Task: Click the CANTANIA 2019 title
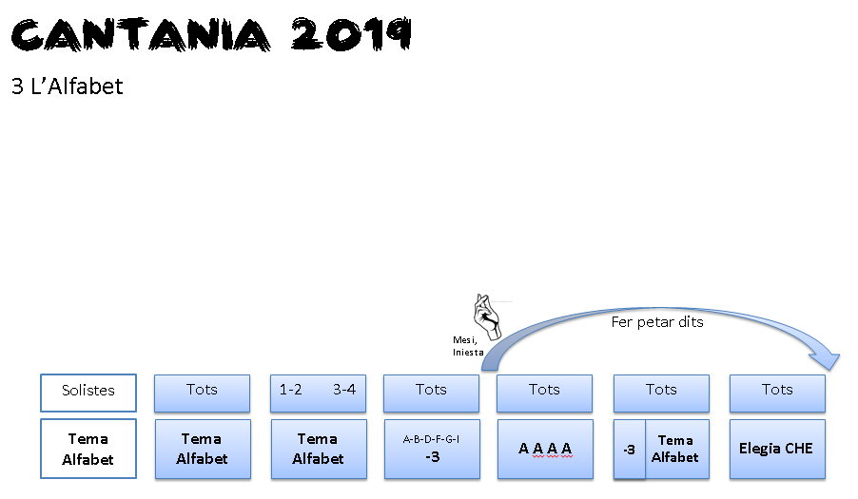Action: [211, 34]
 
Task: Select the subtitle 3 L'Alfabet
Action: [67, 86]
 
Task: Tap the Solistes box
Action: [88, 392]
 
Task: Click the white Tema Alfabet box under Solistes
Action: [88, 449]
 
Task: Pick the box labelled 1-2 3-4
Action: [318, 392]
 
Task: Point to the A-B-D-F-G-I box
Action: [431, 449]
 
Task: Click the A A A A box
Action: [545, 449]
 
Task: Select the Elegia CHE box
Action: [777, 449]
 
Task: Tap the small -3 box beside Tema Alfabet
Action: [629, 450]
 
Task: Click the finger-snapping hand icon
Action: [487, 317]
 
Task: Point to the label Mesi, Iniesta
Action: [468, 345]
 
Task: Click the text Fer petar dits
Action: [657, 322]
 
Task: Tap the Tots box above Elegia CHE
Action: [777, 392]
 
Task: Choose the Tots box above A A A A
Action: [545, 392]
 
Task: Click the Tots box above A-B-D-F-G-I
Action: [431, 392]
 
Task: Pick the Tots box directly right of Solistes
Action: [203, 392]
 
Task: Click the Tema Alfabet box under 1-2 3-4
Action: [318, 449]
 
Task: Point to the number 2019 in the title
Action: [352, 34]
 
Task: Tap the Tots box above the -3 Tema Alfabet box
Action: [661, 392]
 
